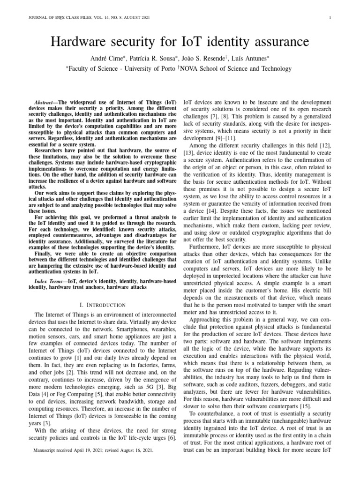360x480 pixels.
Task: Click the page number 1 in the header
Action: coord(331,18)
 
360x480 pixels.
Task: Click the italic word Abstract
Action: coord(47,102)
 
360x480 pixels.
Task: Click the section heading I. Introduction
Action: coord(102,305)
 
